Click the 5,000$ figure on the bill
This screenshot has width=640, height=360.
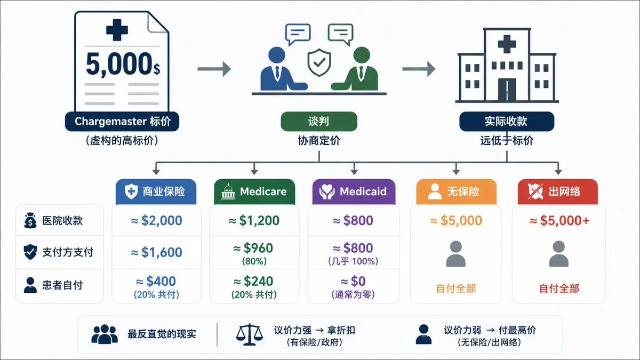(123, 64)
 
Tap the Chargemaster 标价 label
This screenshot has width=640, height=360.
(122, 122)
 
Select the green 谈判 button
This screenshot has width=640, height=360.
(319, 122)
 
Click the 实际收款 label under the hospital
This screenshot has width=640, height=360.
(507, 122)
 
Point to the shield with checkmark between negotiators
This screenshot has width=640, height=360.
(319, 62)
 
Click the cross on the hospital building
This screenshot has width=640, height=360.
(507, 44)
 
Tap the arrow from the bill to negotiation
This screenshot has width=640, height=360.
(214, 69)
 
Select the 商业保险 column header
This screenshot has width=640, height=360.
(156, 191)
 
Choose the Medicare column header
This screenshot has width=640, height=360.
(254, 191)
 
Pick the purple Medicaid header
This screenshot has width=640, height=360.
(354, 191)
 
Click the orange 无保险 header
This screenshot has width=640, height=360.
(457, 191)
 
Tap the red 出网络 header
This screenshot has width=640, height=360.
(558, 191)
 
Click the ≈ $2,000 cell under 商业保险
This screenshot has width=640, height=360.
(157, 221)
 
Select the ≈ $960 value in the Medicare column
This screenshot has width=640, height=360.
(253, 248)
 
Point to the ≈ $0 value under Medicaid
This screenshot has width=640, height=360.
(353, 282)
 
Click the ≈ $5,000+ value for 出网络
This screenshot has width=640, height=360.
(559, 221)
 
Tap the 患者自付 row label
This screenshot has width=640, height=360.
(62, 285)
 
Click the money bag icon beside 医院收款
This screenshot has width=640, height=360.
(30, 221)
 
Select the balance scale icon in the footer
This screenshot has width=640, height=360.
(249, 334)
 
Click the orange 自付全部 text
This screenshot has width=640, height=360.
(456, 289)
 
